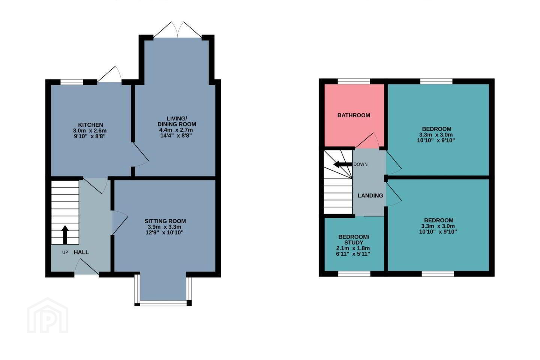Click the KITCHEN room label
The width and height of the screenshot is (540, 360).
[x=90, y=125]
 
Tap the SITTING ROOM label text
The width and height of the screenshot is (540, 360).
[x=165, y=221]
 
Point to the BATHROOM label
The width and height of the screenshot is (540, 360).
[x=354, y=115]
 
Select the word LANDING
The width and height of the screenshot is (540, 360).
[x=370, y=195]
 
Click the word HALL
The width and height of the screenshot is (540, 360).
[x=81, y=252]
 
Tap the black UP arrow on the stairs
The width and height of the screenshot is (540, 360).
[x=65, y=235]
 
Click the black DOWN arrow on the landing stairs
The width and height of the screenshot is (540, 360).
[x=343, y=165]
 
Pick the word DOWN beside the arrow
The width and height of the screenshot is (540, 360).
[x=360, y=165]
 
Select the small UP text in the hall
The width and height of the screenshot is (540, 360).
[x=65, y=252]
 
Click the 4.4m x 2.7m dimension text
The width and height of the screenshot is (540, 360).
[x=177, y=130]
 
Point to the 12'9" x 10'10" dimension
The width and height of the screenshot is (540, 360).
[x=165, y=232]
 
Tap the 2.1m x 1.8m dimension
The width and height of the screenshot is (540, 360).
[x=353, y=248]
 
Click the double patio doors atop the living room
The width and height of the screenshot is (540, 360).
[x=178, y=30]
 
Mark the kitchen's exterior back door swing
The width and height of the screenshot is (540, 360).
[x=109, y=74]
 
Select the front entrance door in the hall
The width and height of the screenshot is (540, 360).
[x=87, y=267]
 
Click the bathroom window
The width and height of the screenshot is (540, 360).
[x=354, y=81]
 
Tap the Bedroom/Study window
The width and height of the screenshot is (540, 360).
[x=354, y=274]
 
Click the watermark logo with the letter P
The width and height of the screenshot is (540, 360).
[x=48, y=315]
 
